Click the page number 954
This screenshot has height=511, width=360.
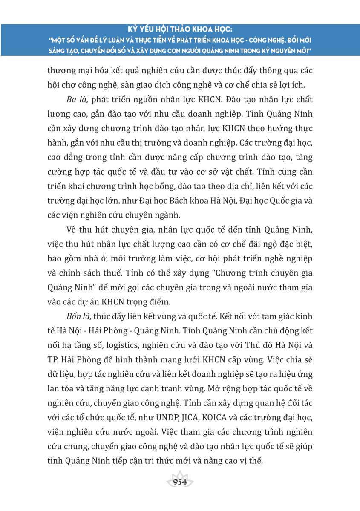click(180, 482)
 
